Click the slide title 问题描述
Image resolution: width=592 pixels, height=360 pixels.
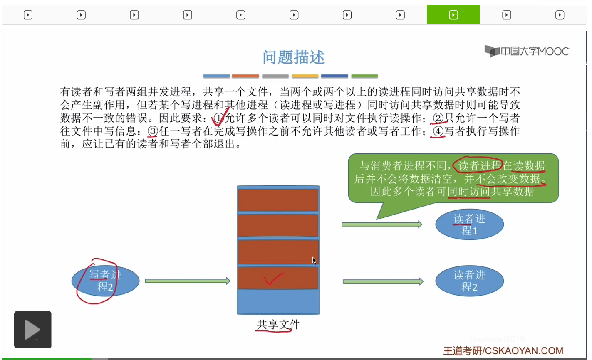click(x=293, y=57)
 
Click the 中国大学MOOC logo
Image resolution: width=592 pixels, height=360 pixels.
click(x=527, y=52)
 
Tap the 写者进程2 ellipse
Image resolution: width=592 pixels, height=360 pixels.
click(x=105, y=281)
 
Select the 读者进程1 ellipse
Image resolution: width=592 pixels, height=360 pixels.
click(x=469, y=224)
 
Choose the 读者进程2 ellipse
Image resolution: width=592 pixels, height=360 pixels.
click(x=469, y=281)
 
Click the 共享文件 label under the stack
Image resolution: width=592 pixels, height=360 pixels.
click(x=278, y=325)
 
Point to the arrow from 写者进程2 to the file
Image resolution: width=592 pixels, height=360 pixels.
click(x=187, y=281)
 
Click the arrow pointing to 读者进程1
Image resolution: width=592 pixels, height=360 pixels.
click(x=381, y=224)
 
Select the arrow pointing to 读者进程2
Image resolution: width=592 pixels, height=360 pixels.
click(x=383, y=281)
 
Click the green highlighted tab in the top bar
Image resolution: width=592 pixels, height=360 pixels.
click(x=453, y=15)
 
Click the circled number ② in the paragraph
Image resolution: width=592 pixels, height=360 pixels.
click(x=438, y=118)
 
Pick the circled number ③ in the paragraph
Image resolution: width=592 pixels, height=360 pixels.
click(x=153, y=132)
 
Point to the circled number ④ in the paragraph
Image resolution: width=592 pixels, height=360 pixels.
click(x=438, y=132)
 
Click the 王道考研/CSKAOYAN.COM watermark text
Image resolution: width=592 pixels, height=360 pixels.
click(x=503, y=350)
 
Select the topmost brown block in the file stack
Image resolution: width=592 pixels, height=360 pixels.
click(x=278, y=200)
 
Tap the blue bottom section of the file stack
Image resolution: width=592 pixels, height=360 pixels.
click(x=278, y=301)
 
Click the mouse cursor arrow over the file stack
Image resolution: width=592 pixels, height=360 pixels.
click(x=314, y=260)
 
